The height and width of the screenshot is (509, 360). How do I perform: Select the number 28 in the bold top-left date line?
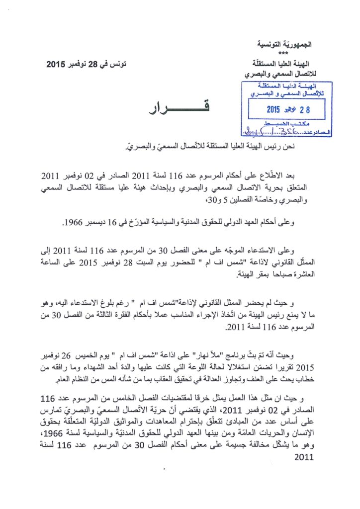click(x=98, y=64)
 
